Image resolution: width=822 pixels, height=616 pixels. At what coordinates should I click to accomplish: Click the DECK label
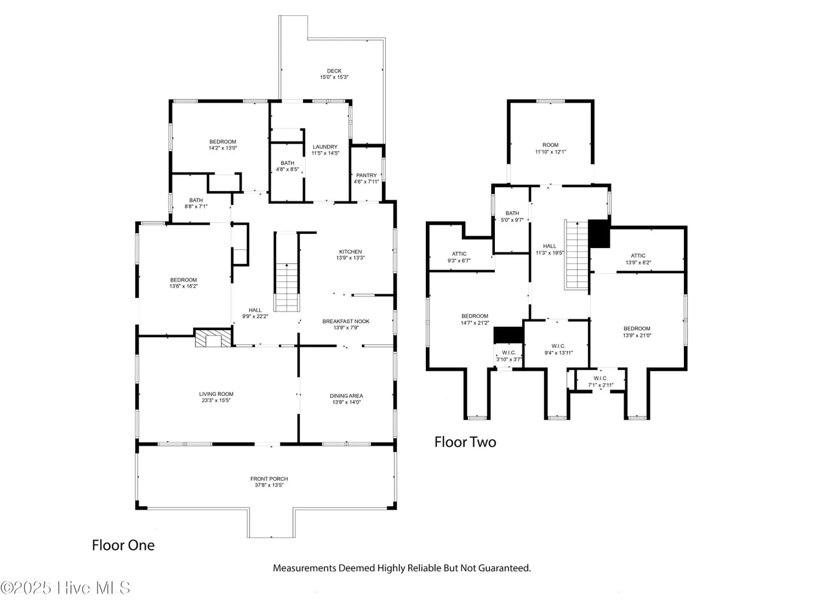pos(334,71)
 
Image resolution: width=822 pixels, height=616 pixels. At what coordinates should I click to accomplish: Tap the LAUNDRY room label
pos(325,147)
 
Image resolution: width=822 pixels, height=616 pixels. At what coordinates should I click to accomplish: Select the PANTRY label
pos(366,176)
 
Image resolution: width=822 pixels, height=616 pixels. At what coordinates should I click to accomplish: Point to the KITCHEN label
pos(350,252)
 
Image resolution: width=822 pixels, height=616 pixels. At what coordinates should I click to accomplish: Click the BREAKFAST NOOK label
pos(346,321)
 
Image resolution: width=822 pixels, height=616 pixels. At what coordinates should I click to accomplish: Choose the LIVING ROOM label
pos(216,394)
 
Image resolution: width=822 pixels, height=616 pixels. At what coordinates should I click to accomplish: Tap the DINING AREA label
pos(346,396)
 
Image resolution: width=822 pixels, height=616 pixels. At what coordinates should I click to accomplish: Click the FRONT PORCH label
pos(269,479)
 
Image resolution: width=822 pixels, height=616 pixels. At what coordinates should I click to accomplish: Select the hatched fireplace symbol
pos(213,338)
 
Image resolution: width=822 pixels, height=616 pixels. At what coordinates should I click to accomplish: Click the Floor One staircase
pos(287,287)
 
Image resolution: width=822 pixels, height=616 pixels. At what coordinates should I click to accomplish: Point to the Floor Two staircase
pos(577,255)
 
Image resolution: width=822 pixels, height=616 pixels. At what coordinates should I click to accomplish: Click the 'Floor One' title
pos(123,545)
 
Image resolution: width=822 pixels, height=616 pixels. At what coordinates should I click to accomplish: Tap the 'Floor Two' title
pos(465,442)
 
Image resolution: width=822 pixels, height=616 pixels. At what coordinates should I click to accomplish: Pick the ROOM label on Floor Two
pos(550,145)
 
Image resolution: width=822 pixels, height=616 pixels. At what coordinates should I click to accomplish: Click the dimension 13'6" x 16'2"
pos(183,286)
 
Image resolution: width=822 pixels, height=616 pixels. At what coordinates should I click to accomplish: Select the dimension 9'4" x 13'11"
pos(559,352)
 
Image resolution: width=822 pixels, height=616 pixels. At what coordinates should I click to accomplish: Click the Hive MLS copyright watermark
pos(65,588)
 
